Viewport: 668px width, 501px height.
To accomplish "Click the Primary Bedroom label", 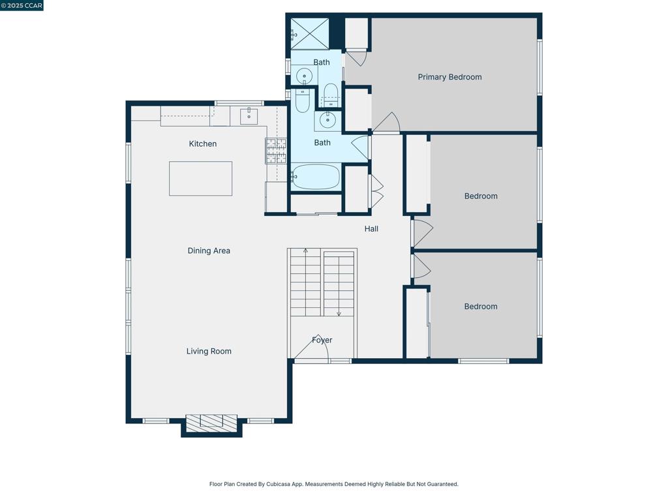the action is point(449,77).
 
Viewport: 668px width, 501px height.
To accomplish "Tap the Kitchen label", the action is point(203,144).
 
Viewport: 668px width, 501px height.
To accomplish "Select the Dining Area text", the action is point(209,251).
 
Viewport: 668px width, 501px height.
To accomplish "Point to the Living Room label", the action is point(209,352).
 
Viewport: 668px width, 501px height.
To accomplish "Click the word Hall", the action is point(371,229).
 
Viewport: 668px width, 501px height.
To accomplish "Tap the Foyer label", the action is point(322,340).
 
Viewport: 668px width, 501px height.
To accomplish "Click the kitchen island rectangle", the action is point(201,179).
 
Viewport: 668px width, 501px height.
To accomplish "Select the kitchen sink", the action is point(249,116).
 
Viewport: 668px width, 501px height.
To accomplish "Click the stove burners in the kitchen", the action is point(276,151).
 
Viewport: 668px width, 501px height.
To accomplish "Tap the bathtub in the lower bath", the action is point(316,177).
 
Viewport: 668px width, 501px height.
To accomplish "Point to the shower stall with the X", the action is point(310,34).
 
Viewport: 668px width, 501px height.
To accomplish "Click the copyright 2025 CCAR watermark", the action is point(22,5).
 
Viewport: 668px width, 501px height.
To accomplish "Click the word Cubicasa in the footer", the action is point(278,484).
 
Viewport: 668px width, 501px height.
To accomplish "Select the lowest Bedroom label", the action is point(481,307).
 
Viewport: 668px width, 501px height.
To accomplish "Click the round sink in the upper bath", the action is point(304,77).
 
